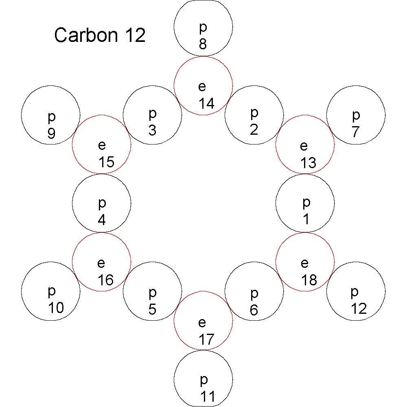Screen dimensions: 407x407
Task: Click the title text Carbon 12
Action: click(100, 36)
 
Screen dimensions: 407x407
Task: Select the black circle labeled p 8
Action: click(203, 27)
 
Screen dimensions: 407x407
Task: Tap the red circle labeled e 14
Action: click(203, 86)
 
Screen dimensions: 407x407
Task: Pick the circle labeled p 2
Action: click(254, 115)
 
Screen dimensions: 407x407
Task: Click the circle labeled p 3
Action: click(152, 115)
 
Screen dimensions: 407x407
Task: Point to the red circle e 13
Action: click(305, 144)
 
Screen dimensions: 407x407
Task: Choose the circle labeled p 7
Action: click(356, 115)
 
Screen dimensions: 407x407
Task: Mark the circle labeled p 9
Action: click(51, 115)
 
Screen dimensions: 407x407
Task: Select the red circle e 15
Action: click(101, 144)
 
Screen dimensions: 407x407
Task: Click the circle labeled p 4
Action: click(101, 203)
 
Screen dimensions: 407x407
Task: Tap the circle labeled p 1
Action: click(305, 203)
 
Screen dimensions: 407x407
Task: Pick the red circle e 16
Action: click(101, 262)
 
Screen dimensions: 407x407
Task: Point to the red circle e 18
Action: click(305, 262)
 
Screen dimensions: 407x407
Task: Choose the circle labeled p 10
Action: click(51, 291)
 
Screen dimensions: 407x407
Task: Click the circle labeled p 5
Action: click(152, 291)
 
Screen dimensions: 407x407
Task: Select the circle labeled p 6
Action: click(254, 291)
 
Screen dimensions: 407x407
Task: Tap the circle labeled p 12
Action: click(356, 291)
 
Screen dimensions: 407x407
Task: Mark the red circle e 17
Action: click(203, 321)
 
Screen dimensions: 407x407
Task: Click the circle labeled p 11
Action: click(203, 379)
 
